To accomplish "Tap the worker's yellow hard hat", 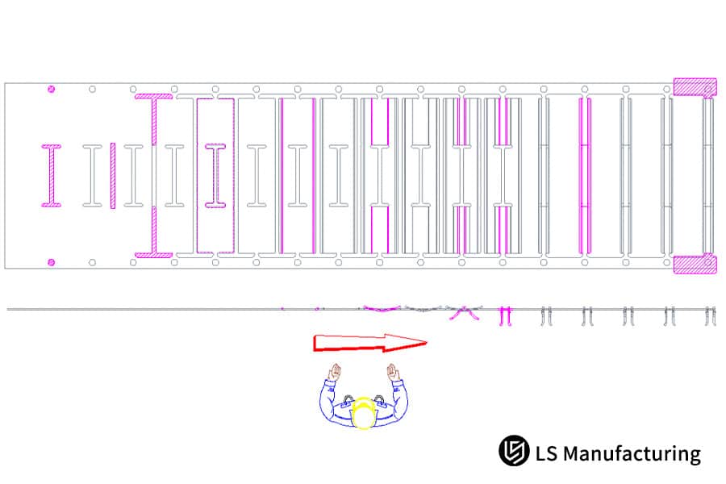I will [364, 412].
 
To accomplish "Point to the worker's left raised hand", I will [335, 373].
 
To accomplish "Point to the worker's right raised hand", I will [393, 373].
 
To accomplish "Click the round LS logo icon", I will [513, 452].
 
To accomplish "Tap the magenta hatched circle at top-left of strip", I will [51, 89].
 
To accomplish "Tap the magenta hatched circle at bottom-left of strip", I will [51, 262].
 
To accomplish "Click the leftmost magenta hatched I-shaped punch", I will [51, 175].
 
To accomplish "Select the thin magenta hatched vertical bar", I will [113, 175].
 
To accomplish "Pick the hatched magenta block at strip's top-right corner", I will [695, 87].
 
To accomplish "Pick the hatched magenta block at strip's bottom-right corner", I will [695, 265].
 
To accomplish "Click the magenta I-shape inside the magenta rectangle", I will [215, 175].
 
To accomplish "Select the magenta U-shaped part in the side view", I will [506, 315].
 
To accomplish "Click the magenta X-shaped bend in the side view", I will [462, 313].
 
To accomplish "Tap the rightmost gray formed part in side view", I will [709, 315].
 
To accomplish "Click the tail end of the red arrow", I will [316, 343].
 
